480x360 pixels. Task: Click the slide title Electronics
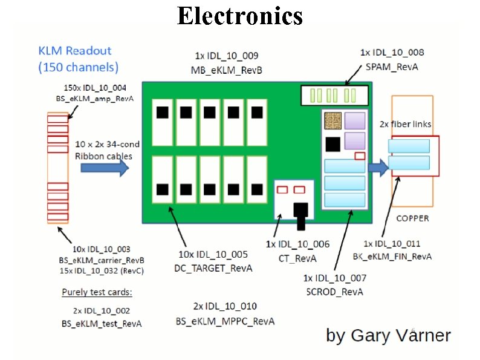(239, 16)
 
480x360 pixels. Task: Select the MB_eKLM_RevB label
(220, 71)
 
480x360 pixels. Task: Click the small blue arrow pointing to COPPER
(379, 169)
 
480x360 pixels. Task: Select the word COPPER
(412, 218)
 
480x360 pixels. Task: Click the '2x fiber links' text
(406, 124)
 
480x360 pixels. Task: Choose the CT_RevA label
(297, 258)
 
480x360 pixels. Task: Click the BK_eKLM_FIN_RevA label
(392, 256)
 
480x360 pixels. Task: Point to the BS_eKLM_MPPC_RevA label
(225, 321)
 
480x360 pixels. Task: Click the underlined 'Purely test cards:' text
(97, 292)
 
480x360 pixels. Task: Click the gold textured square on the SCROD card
(332, 121)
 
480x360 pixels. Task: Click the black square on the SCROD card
(332, 144)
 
